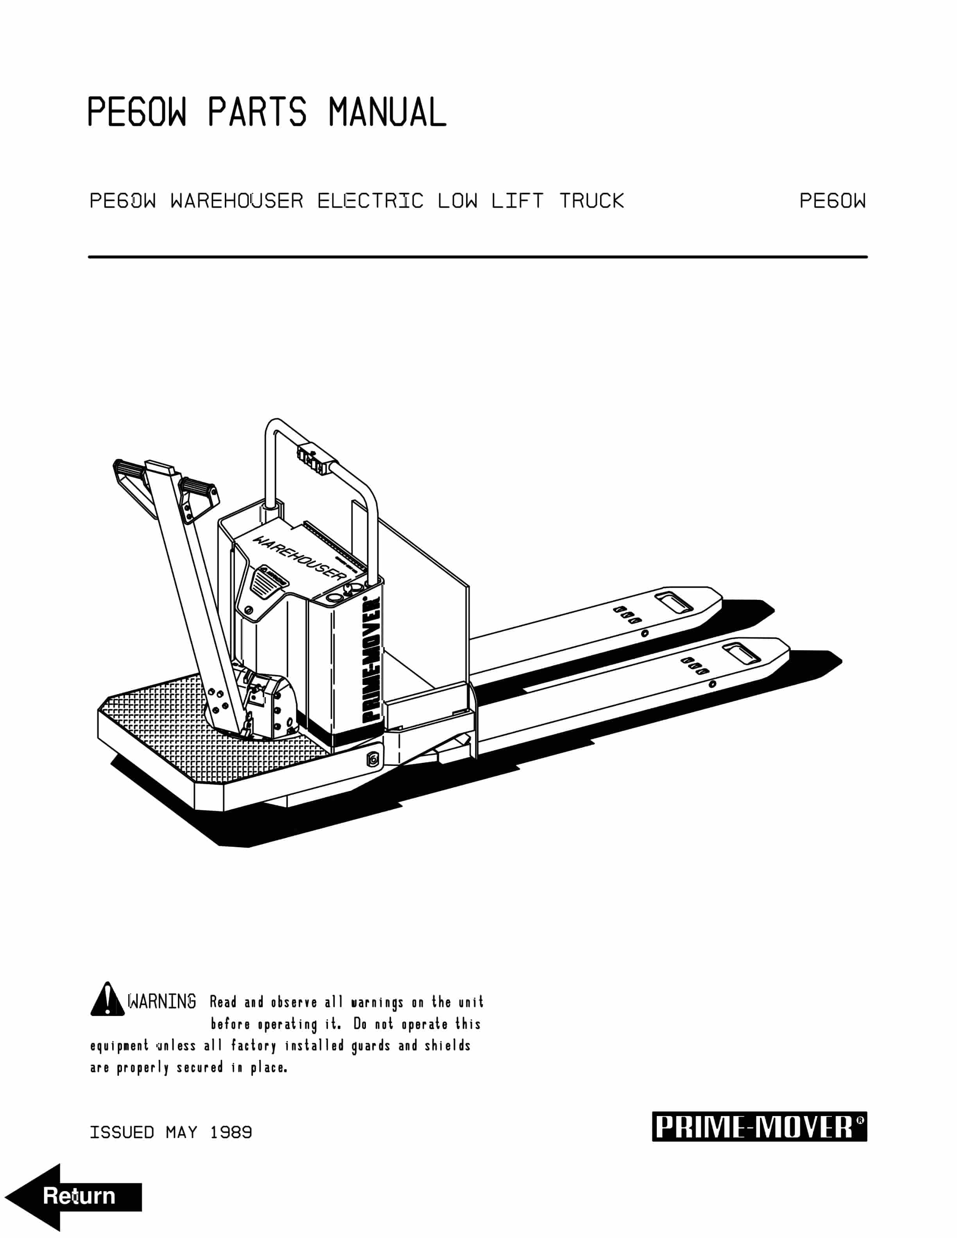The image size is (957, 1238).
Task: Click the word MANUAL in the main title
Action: (x=387, y=112)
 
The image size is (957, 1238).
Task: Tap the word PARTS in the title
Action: (x=257, y=112)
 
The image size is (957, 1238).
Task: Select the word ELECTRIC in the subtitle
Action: (x=370, y=200)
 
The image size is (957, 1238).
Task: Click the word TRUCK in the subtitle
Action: (x=591, y=200)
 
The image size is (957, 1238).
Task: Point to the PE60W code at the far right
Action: (x=832, y=200)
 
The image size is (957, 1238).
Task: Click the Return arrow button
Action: (x=74, y=1196)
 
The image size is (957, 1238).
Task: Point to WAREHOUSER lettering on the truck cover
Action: (x=299, y=557)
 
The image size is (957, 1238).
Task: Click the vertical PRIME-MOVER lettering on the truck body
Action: (x=371, y=660)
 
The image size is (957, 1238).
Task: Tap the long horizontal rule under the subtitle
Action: (x=477, y=257)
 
